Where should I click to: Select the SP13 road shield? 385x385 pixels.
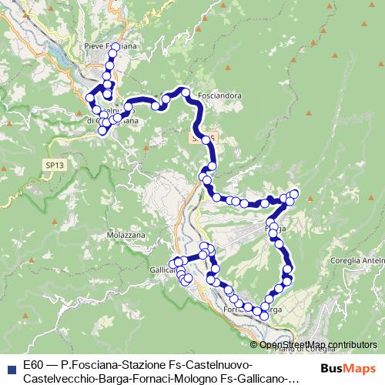pyautogui.click(x=54, y=165)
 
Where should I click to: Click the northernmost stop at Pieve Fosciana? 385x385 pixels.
pyautogui.click(x=115, y=48)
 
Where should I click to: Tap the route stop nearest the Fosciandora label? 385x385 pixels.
pyautogui.click(x=186, y=93)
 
